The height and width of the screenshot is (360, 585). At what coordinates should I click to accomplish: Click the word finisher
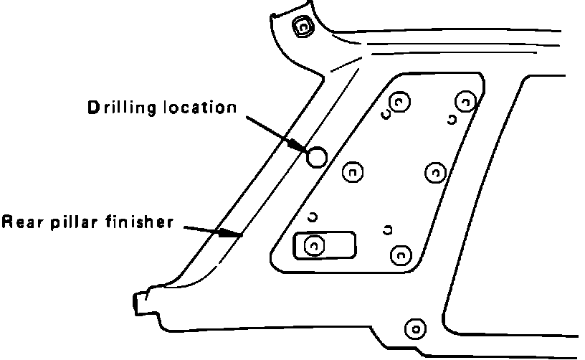[138, 221]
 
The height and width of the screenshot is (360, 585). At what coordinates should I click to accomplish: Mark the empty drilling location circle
[316, 156]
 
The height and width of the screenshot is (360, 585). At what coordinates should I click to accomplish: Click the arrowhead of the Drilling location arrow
[302, 146]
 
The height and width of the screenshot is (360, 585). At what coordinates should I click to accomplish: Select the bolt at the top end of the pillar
[302, 27]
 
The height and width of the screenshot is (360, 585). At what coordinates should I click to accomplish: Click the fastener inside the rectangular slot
[314, 246]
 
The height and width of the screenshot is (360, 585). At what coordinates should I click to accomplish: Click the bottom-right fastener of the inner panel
[400, 254]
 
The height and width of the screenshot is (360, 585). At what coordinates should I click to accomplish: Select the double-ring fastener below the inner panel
[414, 329]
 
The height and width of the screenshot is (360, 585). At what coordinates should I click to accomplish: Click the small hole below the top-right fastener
[452, 120]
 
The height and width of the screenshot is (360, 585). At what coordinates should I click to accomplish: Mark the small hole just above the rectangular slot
[313, 217]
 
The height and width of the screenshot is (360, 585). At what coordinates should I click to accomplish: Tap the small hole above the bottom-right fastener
[388, 229]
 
